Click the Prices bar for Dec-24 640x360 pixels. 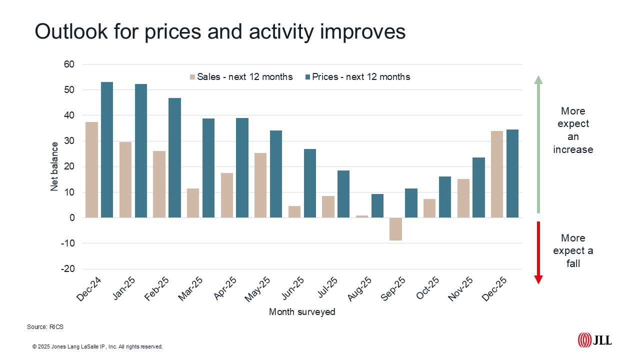107,150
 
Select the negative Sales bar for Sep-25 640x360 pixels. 396,229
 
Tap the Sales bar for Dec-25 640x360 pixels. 497,174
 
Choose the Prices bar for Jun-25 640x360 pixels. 310,183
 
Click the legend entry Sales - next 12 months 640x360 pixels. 241,77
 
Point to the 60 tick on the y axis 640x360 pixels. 69,64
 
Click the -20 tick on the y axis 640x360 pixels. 68,269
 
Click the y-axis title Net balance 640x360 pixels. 54,166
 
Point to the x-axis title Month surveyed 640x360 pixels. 302,312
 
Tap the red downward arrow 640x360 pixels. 538,252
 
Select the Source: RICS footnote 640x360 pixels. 45,327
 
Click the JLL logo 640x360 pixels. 594,340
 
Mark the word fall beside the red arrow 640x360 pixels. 573,263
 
